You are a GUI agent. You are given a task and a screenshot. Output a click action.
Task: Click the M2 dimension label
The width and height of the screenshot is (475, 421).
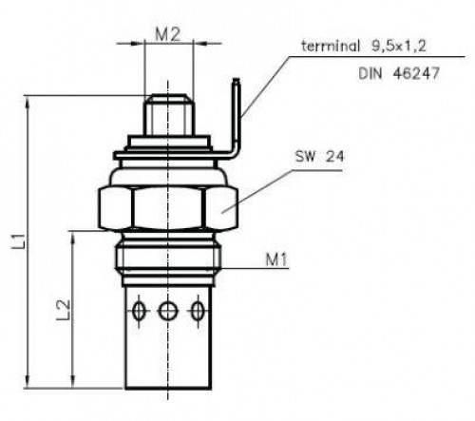168,34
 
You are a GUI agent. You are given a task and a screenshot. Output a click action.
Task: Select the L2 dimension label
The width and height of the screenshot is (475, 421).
63,310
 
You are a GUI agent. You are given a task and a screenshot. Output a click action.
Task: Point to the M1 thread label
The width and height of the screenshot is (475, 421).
276,259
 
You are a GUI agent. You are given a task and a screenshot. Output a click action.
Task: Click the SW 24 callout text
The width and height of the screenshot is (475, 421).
319,157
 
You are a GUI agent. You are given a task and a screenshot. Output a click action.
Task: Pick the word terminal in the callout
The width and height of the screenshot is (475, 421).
331,47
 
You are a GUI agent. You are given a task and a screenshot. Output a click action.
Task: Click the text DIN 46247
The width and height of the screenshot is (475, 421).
399,73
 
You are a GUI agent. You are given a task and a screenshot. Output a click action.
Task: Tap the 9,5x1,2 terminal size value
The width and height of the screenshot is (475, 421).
399,47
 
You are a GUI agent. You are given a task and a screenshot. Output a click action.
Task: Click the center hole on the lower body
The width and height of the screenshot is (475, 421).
167,311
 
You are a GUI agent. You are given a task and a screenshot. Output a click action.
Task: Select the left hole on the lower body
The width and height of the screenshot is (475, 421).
139,311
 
